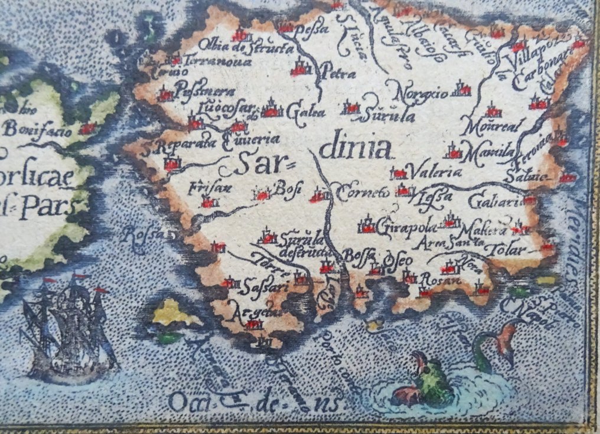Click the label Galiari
(494, 202)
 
